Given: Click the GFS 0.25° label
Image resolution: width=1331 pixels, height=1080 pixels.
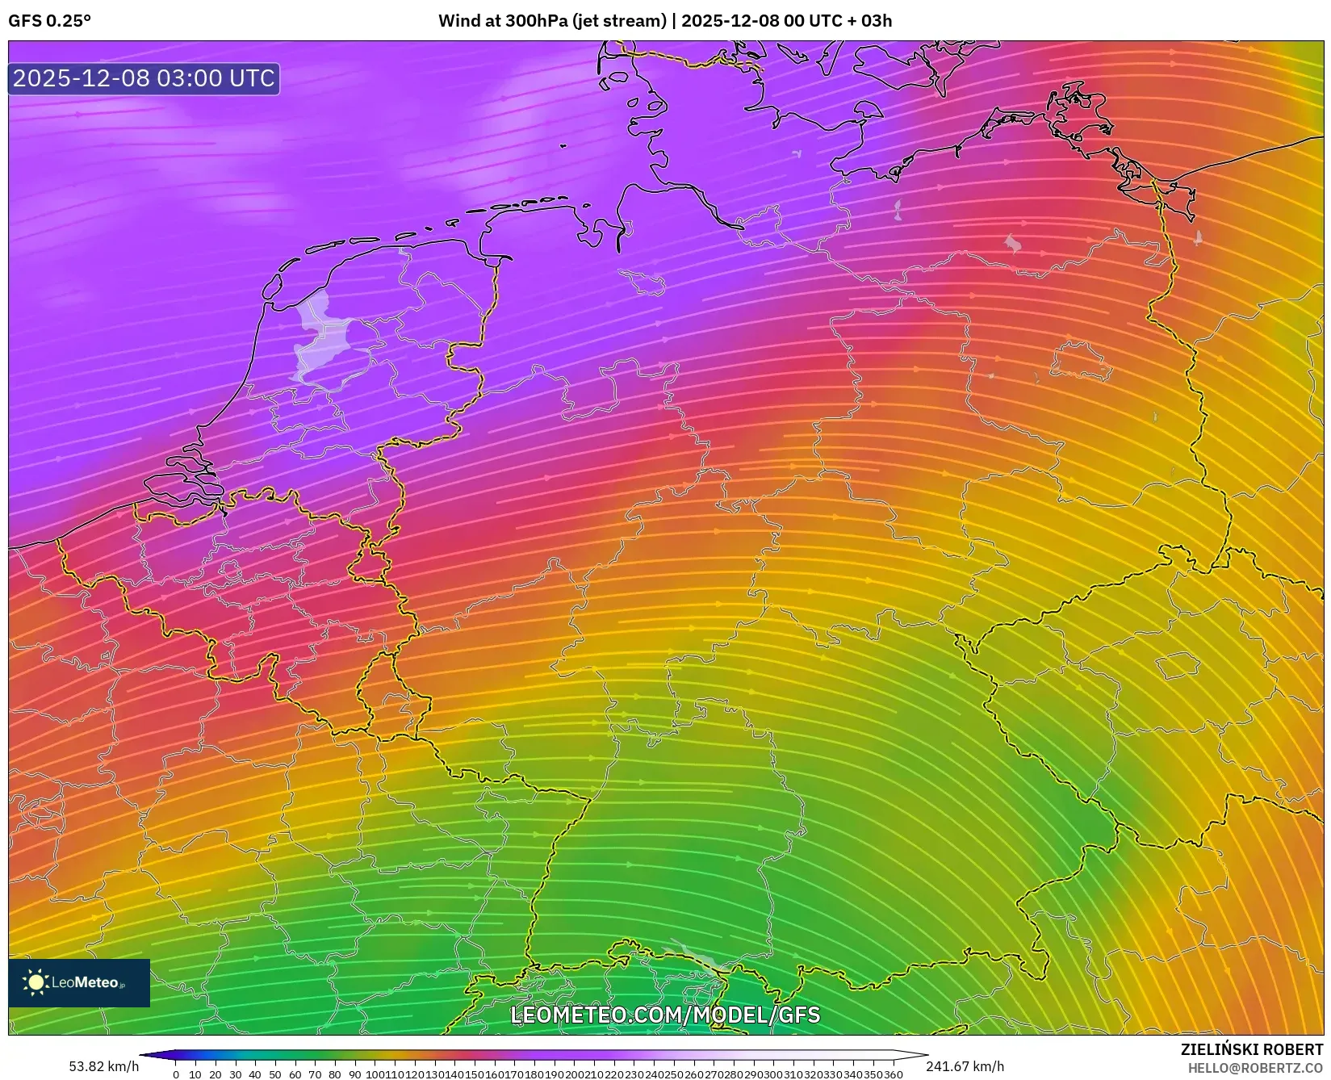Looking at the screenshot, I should pos(49,21).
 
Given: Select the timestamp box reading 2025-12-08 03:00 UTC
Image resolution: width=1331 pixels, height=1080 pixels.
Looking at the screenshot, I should pos(144,78).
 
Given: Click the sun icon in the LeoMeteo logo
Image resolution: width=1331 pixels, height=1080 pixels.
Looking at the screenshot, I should pos(36,982).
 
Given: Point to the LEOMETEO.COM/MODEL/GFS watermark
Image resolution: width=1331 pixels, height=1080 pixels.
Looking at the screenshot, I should pos(665,1015).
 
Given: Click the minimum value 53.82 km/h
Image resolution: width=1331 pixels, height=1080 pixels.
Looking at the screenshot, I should pos(103,1067).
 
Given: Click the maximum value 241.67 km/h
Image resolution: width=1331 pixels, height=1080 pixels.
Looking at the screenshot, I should pos(965,1067).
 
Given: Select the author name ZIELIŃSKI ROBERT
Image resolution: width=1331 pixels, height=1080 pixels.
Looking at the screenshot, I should pos(1252,1050).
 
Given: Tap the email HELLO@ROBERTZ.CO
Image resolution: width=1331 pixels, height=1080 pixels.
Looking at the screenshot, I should pos(1255,1068).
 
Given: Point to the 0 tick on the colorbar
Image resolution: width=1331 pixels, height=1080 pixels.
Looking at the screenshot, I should pos(176,1074).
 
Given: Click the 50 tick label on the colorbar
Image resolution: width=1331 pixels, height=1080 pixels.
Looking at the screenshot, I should pos(275,1074).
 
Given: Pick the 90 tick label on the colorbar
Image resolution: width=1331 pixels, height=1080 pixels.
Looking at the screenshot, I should pos(355,1074).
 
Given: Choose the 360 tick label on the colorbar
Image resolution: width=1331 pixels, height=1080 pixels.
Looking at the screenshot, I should pos(894,1074).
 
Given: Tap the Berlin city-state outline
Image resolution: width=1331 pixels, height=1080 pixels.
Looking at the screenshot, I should pos(1080,361).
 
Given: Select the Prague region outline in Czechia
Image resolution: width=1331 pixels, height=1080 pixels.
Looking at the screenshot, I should pos(1178,666).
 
